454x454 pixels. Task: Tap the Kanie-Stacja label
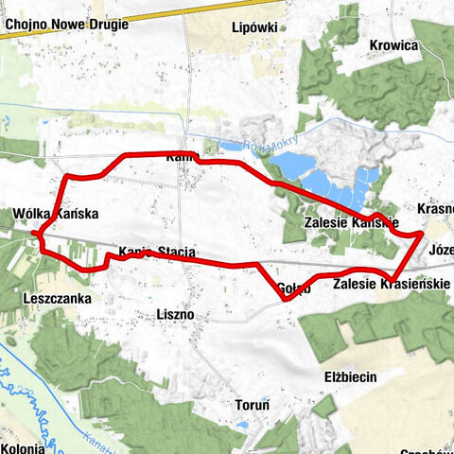[x=157, y=252]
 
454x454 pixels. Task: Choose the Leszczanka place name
[x=54, y=296]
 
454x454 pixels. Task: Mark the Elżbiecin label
[x=350, y=376]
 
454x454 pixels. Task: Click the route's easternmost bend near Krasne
[x=421, y=233]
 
